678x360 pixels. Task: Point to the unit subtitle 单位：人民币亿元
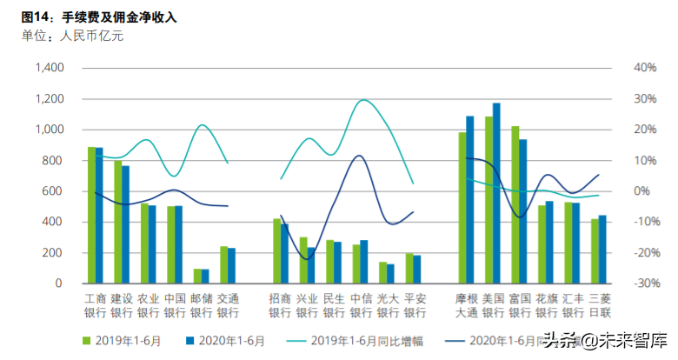(x=73, y=36)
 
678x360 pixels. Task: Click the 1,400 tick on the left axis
(x=47, y=68)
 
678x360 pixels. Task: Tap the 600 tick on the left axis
(x=53, y=191)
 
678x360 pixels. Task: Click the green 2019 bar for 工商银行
(x=91, y=215)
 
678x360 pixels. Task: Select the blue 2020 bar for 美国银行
(x=496, y=193)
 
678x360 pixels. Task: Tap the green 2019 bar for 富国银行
(x=515, y=204)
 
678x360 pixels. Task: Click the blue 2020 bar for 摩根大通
(x=470, y=199)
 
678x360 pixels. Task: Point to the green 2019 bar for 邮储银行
(x=196, y=277)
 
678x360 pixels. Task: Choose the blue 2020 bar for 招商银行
(x=284, y=253)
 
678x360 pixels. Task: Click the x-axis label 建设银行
(x=123, y=304)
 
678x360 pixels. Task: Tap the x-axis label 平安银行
(x=415, y=304)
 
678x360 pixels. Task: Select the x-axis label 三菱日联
(x=599, y=304)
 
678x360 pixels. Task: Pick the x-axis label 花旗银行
(x=546, y=304)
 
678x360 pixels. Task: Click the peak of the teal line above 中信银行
(x=362, y=100)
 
